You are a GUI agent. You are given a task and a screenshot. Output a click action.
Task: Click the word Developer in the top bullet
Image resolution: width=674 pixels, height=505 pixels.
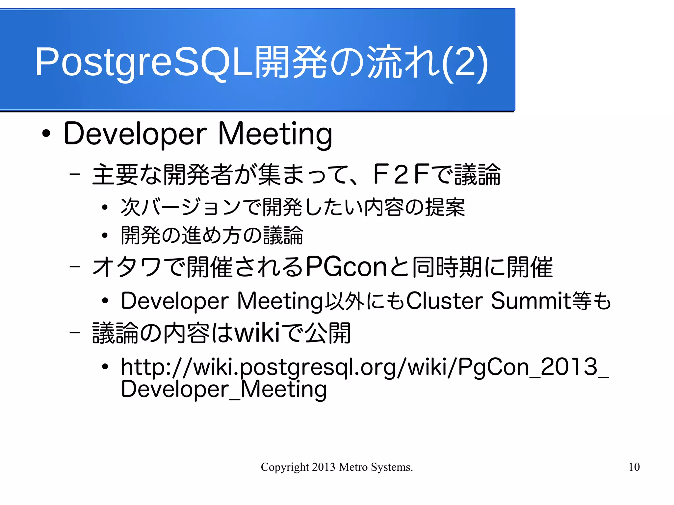click(135, 134)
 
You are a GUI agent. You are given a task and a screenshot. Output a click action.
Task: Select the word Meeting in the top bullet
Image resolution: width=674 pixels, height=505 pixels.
click(275, 134)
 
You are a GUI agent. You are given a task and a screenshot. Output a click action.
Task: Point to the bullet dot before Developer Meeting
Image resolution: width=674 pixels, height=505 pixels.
click(46, 134)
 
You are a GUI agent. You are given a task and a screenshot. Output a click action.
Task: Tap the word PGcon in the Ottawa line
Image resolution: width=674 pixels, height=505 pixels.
click(346, 267)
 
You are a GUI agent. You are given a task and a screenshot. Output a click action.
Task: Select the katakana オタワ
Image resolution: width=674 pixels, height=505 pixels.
click(127, 267)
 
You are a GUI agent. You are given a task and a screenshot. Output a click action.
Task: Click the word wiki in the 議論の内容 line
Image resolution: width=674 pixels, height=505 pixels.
click(257, 333)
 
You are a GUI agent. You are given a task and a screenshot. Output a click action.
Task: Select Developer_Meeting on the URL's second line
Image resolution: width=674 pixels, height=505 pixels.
click(224, 389)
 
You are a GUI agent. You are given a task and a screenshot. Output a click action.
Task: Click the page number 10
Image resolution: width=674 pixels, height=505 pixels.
click(634, 467)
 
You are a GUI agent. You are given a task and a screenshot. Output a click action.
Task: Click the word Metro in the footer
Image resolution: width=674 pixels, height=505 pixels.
click(353, 467)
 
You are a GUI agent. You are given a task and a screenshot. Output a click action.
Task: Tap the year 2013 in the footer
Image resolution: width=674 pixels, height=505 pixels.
click(324, 467)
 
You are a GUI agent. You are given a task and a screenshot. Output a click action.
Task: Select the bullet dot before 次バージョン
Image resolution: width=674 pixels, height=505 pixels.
click(105, 208)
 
